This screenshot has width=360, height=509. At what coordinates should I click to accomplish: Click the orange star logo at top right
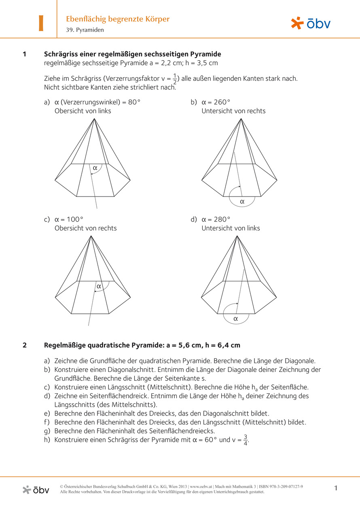[297, 23]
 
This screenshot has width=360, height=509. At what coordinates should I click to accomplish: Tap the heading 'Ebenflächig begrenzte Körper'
[118, 19]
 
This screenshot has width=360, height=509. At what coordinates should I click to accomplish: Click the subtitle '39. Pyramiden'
[85, 30]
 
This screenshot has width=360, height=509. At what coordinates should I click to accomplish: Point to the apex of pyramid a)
[94, 118]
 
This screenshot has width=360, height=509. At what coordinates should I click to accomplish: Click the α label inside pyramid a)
[95, 167]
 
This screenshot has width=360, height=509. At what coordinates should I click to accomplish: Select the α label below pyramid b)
[242, 201]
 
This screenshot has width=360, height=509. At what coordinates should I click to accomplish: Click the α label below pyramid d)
[236, 319]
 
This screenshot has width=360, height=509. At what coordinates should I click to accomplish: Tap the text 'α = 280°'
[216, 220]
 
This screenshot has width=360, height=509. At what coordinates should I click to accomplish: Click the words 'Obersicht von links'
[83, 111]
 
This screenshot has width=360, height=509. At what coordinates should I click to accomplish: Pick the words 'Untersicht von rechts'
[233, 111]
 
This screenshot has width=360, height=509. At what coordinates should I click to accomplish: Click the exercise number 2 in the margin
[25, 345]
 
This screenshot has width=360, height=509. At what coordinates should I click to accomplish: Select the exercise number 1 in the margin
[25, 54]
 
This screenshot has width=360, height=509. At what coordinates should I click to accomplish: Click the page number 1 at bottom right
[336, 488]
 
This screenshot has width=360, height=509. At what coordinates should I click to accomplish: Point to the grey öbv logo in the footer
[36, 490]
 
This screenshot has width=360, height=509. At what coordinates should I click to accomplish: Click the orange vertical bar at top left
[41, 23]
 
